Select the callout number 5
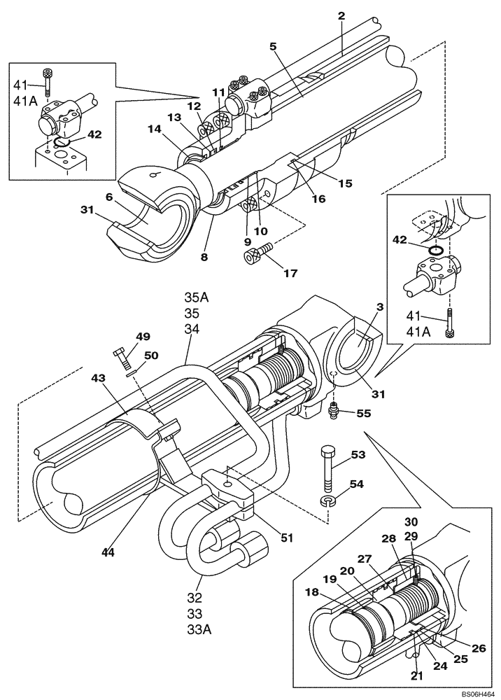click(x=273, y=46)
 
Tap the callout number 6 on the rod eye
click(x=110, y=198)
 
